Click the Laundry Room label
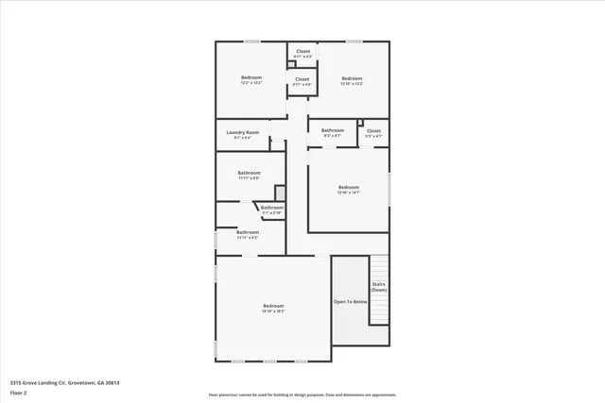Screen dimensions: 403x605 tap(242, 132)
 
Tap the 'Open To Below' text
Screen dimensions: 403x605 tap(349, 302)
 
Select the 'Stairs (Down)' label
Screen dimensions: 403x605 tap(378, 287)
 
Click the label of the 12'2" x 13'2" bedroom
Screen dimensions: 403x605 tap(251, 77)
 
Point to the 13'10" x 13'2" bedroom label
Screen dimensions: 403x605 tap(352, 77)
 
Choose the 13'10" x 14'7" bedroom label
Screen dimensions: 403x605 tap(349, 187)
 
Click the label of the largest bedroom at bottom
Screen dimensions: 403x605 tap(273, 306)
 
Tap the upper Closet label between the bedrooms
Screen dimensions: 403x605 tap(303, 52)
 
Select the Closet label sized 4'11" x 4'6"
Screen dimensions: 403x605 tap(302, 79)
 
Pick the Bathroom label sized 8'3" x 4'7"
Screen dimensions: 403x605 tap(333, 130)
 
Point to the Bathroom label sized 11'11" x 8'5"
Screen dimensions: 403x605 tap(249, 173)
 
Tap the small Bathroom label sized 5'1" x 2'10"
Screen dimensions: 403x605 tap(271, 208)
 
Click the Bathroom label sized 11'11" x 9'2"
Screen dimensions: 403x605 tap(248, 232)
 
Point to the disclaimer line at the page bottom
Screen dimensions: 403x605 tap(302, 395)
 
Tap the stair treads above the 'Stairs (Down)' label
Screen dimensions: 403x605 tap(378, 265)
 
